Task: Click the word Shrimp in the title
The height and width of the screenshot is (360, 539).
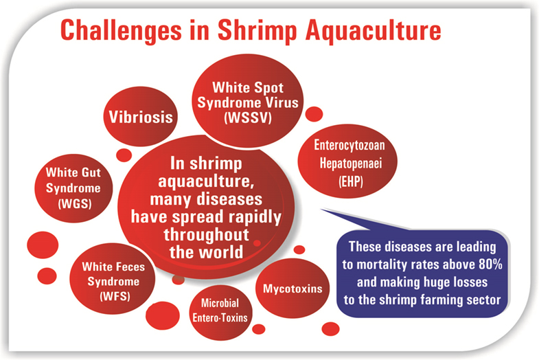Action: click(x=257, y=32)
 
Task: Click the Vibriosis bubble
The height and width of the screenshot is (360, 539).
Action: click(x=141, y=116)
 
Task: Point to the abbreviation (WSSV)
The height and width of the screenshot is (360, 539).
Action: click(x=248, y=118)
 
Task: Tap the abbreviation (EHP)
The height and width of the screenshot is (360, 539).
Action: click(x=351, y=181)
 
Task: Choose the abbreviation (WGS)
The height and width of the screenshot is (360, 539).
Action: click(x=75, y=203)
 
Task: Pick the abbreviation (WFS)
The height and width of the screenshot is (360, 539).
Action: click(x=115, y=296)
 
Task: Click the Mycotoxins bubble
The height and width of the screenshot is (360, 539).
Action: click(x=293, y=288)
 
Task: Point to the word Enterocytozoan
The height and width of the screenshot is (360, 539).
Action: click(x=349, y=146)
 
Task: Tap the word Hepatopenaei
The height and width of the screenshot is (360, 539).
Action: click(x=351, y=164)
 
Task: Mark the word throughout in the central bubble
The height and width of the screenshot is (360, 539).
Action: click(x=206, y=235)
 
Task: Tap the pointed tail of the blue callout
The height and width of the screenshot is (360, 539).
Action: click(x=322, y=210)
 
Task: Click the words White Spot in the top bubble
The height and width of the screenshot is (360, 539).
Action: click(x=248, y=88)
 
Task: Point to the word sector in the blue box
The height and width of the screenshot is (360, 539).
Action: click(x=483, y=300)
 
